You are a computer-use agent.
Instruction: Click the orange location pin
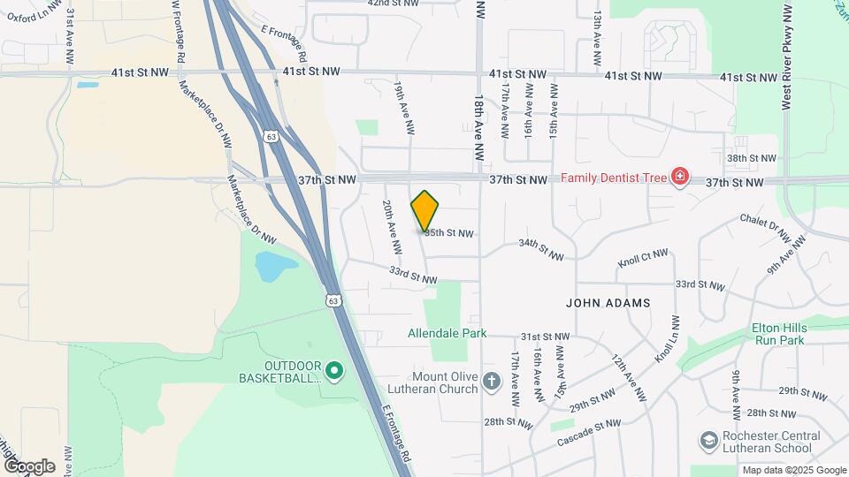point(425,210)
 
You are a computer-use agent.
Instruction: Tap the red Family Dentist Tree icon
point(679,178)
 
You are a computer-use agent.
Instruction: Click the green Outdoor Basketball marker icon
point(333,371)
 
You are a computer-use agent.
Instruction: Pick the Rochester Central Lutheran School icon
point(707,440)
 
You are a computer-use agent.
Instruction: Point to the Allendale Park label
point(447,334)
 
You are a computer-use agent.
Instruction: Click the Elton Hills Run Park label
point(778,333)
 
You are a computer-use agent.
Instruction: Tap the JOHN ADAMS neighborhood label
point(608,302)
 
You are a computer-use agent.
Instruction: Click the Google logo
point(29,466)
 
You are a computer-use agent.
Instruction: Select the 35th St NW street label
point(448,233)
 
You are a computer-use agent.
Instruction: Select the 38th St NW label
point(751,158)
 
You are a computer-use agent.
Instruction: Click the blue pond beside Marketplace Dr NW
point(274,265)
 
